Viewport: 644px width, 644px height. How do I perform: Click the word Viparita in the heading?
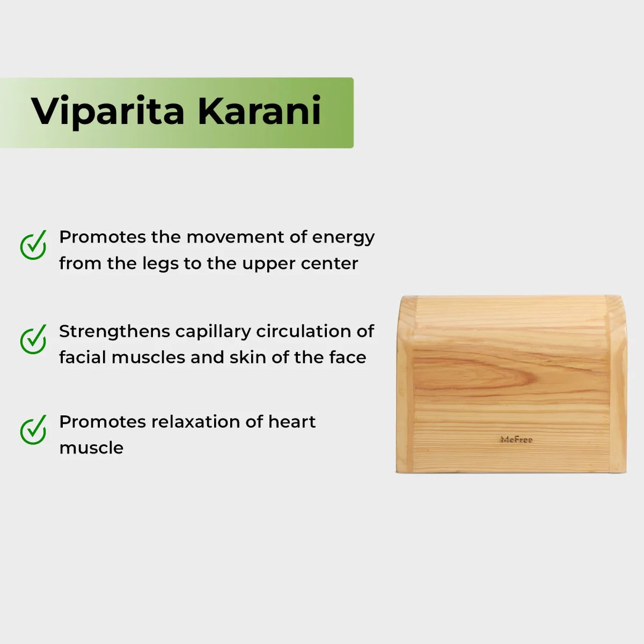[108, 112]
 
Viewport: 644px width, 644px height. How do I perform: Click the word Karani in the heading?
[259, 111]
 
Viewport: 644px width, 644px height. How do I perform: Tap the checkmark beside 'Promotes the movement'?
[33, 246]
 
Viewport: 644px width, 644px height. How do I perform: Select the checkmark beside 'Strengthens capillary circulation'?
[33, 340]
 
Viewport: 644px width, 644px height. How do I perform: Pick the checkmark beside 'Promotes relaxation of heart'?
[33, 430]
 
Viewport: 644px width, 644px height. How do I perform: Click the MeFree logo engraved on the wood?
[516, 440]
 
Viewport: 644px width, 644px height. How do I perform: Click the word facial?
[83, 357]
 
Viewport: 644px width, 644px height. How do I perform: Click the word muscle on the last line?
[91, 448]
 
